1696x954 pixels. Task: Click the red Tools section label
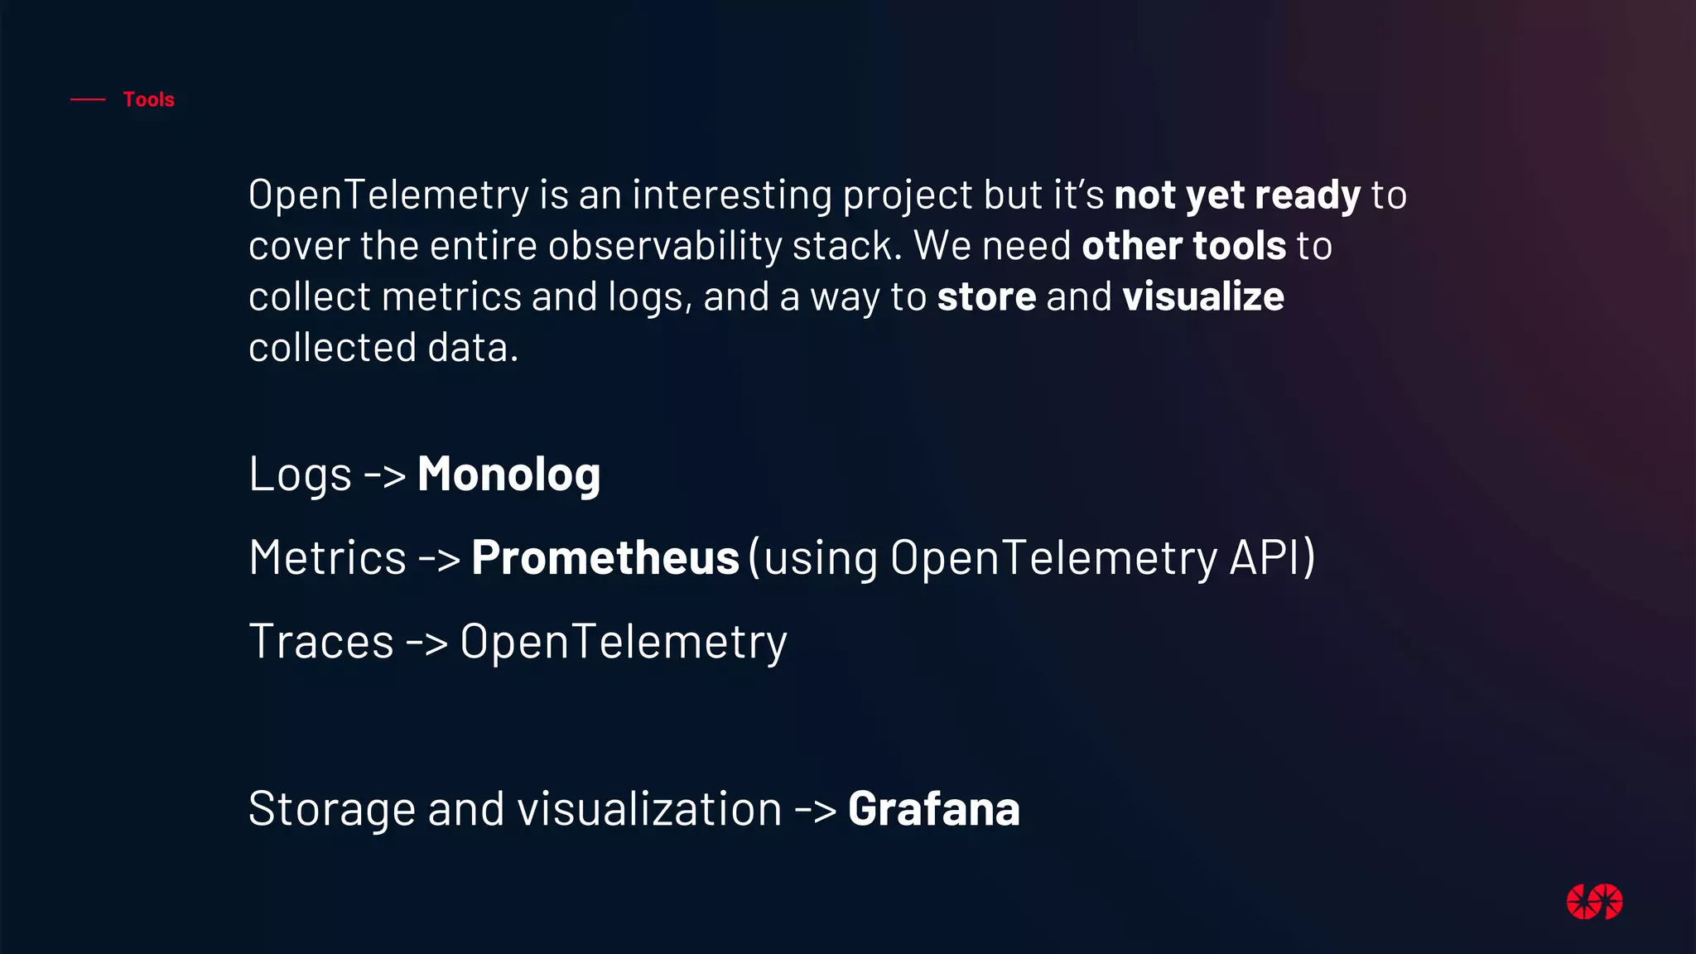pyautogui.click(x=148, y=99)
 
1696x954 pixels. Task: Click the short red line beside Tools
pyautogui.click(x=88, y=99)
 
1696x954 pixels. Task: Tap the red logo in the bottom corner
pyautogui.click(x=1594, y=902)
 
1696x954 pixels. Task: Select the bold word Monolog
pyautogui.click(x=508, y=475)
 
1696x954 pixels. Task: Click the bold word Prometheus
pyautogui.click(x=605, y=557)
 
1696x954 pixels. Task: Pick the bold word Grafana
pyautogui.click(x=933, y=809)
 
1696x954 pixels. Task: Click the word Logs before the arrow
pyautogui.click(x=300, y=475)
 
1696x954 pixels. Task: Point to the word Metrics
pyautogui.click(x=327, y=557)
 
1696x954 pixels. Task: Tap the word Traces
pyautogui.click(x=321, y=642)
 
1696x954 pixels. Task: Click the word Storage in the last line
pyautogui.click(x=331, y=809)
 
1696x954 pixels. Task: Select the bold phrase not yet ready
pyautogui.click(x=1237, y=195)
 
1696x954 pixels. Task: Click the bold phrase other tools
pyautogui.click(x=1183, y=246)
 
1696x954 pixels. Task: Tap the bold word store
pyautogui.click(x=986, y=296)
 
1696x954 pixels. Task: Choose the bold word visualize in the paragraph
pyautogui.click(x=1202, y=296)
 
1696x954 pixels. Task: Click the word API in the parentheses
pyautogui.click(x=1265, y=557)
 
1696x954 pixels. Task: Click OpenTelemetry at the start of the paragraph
pyautogui.click(x=388, y=195)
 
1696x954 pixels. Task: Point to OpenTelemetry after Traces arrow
pyautogui.click(x=623, y=642)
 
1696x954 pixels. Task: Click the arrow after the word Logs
pyautogui.click(x=385, y=475)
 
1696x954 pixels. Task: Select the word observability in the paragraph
pyautogui.click(x=664, y=246)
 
